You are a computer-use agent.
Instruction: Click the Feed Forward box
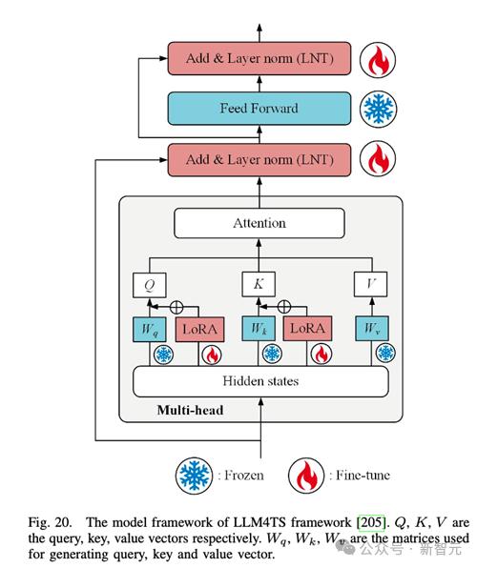tap(259, 109)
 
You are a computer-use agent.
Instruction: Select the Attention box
tap(259, 223)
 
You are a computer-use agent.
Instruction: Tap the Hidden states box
tap(260, 381)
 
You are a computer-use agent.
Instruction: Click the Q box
tap(150, 285)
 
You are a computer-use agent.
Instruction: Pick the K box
tap(259, 284)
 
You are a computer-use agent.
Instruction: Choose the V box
tap(370, 284)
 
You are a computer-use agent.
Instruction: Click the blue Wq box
tap(150, 330)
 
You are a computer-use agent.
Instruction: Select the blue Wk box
tap(259, 329)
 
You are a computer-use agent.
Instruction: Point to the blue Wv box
tap(371, 328)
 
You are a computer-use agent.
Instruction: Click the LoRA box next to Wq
tap(199, 330)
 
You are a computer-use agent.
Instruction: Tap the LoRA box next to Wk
tap(307, 329)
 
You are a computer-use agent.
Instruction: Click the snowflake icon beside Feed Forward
tap(379, 109)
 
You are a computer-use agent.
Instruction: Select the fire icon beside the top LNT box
tap(378, 60)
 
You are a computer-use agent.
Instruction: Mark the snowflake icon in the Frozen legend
tap(194, 476)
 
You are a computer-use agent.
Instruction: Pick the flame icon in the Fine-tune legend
tap(306, 476)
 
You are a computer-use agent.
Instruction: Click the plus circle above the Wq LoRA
tap(176, 307)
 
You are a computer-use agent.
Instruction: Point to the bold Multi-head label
tap(190, 411)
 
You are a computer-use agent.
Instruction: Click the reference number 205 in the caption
tap(371, 522)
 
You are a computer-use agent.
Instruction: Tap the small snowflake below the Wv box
tap(385, 353)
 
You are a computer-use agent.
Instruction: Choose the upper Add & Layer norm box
tap(259, 58)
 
